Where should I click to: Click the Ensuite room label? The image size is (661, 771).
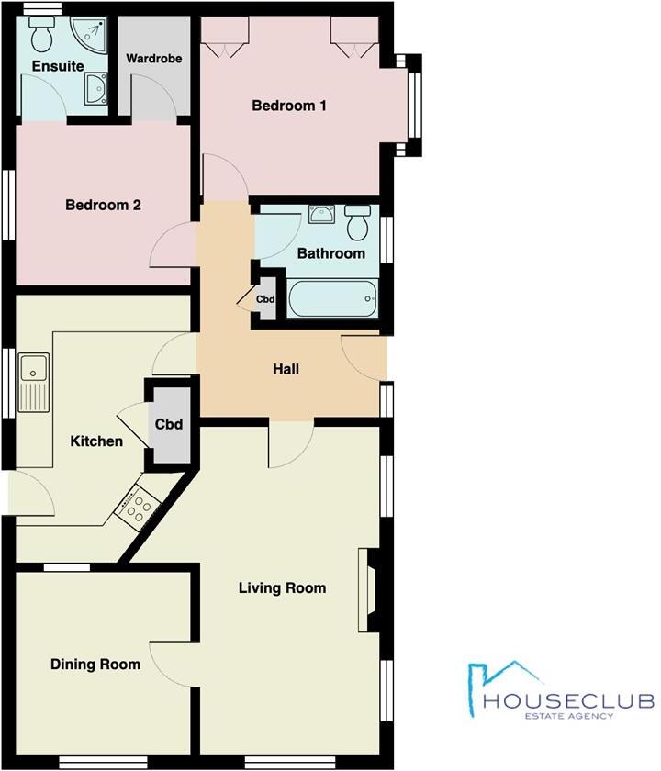(x=58, y=66)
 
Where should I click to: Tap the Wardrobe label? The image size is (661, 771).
(x=154, y=59)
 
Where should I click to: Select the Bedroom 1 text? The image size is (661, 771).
(x=290, y=106)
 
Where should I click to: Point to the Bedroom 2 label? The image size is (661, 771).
(x=103, y=205)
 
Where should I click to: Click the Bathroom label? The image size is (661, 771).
(x=330, y=253)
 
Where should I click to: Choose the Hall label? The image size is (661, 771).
(x=286, y=370)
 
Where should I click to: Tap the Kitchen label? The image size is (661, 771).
(x=96, y=441)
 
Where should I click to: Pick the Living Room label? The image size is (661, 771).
(x=282, y=587)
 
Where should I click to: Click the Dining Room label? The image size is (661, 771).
(x=95, y=664)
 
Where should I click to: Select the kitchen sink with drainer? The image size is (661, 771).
(x=36, y=381)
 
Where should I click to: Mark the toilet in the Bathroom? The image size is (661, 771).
(x=358, y=220)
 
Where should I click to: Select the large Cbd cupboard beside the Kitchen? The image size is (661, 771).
(x=169, y=425)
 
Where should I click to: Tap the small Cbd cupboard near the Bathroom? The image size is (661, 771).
(x=265, y=299)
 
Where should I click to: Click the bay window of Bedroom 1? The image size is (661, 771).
(x=414, y=103)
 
